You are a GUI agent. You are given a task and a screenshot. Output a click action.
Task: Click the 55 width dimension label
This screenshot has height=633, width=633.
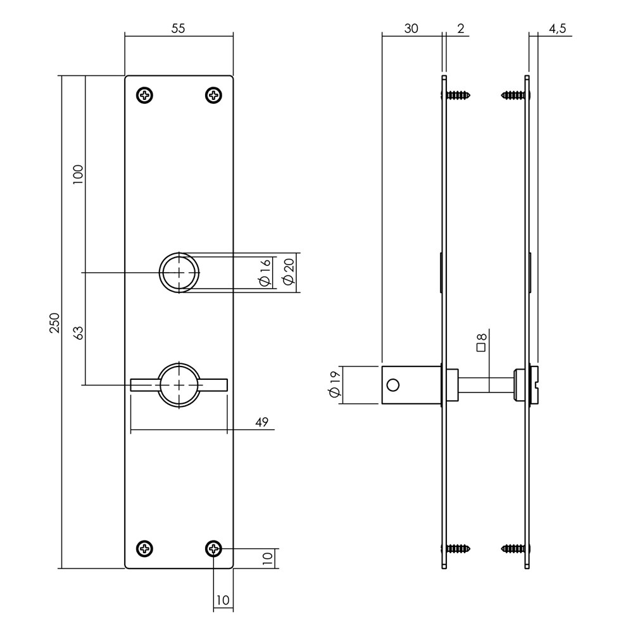[x=178, y=28]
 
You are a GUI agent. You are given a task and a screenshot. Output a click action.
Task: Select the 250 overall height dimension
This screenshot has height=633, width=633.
[x=54, y=323]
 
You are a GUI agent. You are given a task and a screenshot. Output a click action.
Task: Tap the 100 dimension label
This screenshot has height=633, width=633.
[x=78, y=175]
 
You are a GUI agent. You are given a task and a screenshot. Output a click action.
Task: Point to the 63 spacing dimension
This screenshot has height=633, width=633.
[x=79, y=333]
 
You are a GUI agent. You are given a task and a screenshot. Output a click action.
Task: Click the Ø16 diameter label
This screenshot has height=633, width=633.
[x=265, y=273]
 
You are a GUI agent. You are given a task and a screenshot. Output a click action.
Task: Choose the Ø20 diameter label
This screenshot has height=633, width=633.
[x=289, y=272]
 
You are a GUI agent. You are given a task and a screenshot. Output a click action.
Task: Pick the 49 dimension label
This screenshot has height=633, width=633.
[x=261, y=422]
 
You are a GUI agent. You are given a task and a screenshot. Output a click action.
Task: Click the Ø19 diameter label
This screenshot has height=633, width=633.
[x=335, y=384]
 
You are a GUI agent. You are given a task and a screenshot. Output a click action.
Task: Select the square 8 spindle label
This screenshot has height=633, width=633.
[x=481, y=342]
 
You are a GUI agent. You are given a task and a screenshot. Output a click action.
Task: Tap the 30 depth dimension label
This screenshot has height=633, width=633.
[x=411, y=28]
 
